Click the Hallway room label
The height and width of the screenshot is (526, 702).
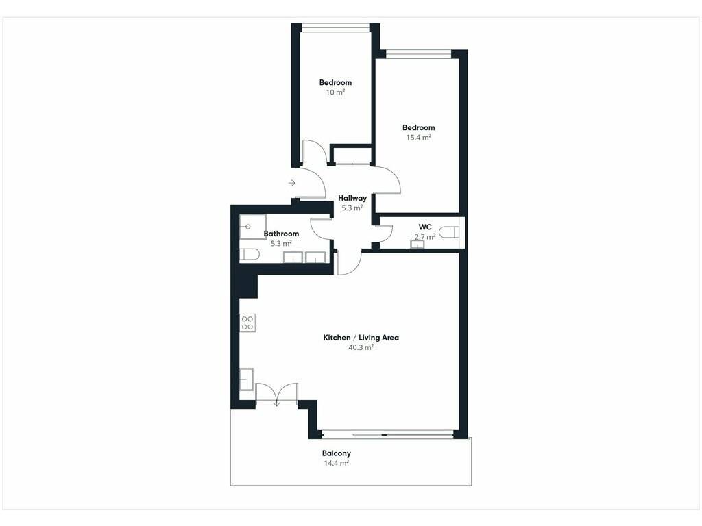(352, 198)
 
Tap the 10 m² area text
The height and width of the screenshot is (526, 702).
(335, 92)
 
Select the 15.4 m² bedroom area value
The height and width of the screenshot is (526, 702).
(419, 138)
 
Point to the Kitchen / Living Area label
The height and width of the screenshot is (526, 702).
(361, 338)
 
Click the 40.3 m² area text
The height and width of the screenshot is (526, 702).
(361, 347)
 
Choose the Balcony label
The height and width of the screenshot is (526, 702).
(336, 453)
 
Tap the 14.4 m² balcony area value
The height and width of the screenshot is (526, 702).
(336, 464)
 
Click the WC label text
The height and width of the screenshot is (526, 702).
(425, 227)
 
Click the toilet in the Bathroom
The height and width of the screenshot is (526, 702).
(250, 255)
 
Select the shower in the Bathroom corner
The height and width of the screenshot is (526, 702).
(253, 227)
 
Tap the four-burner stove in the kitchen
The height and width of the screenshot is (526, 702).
(247, 323)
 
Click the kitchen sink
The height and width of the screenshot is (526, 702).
(246, 379)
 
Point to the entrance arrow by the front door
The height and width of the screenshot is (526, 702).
(292, 183)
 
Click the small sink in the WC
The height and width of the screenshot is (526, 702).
(417, 244)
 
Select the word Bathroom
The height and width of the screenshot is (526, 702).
(281, 234)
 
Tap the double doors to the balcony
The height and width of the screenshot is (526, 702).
(277, 394)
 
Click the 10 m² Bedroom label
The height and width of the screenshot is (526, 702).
(335, 83)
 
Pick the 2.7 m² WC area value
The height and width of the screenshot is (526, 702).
(425, 237)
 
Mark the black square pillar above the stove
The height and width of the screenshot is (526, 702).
(248, 286)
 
